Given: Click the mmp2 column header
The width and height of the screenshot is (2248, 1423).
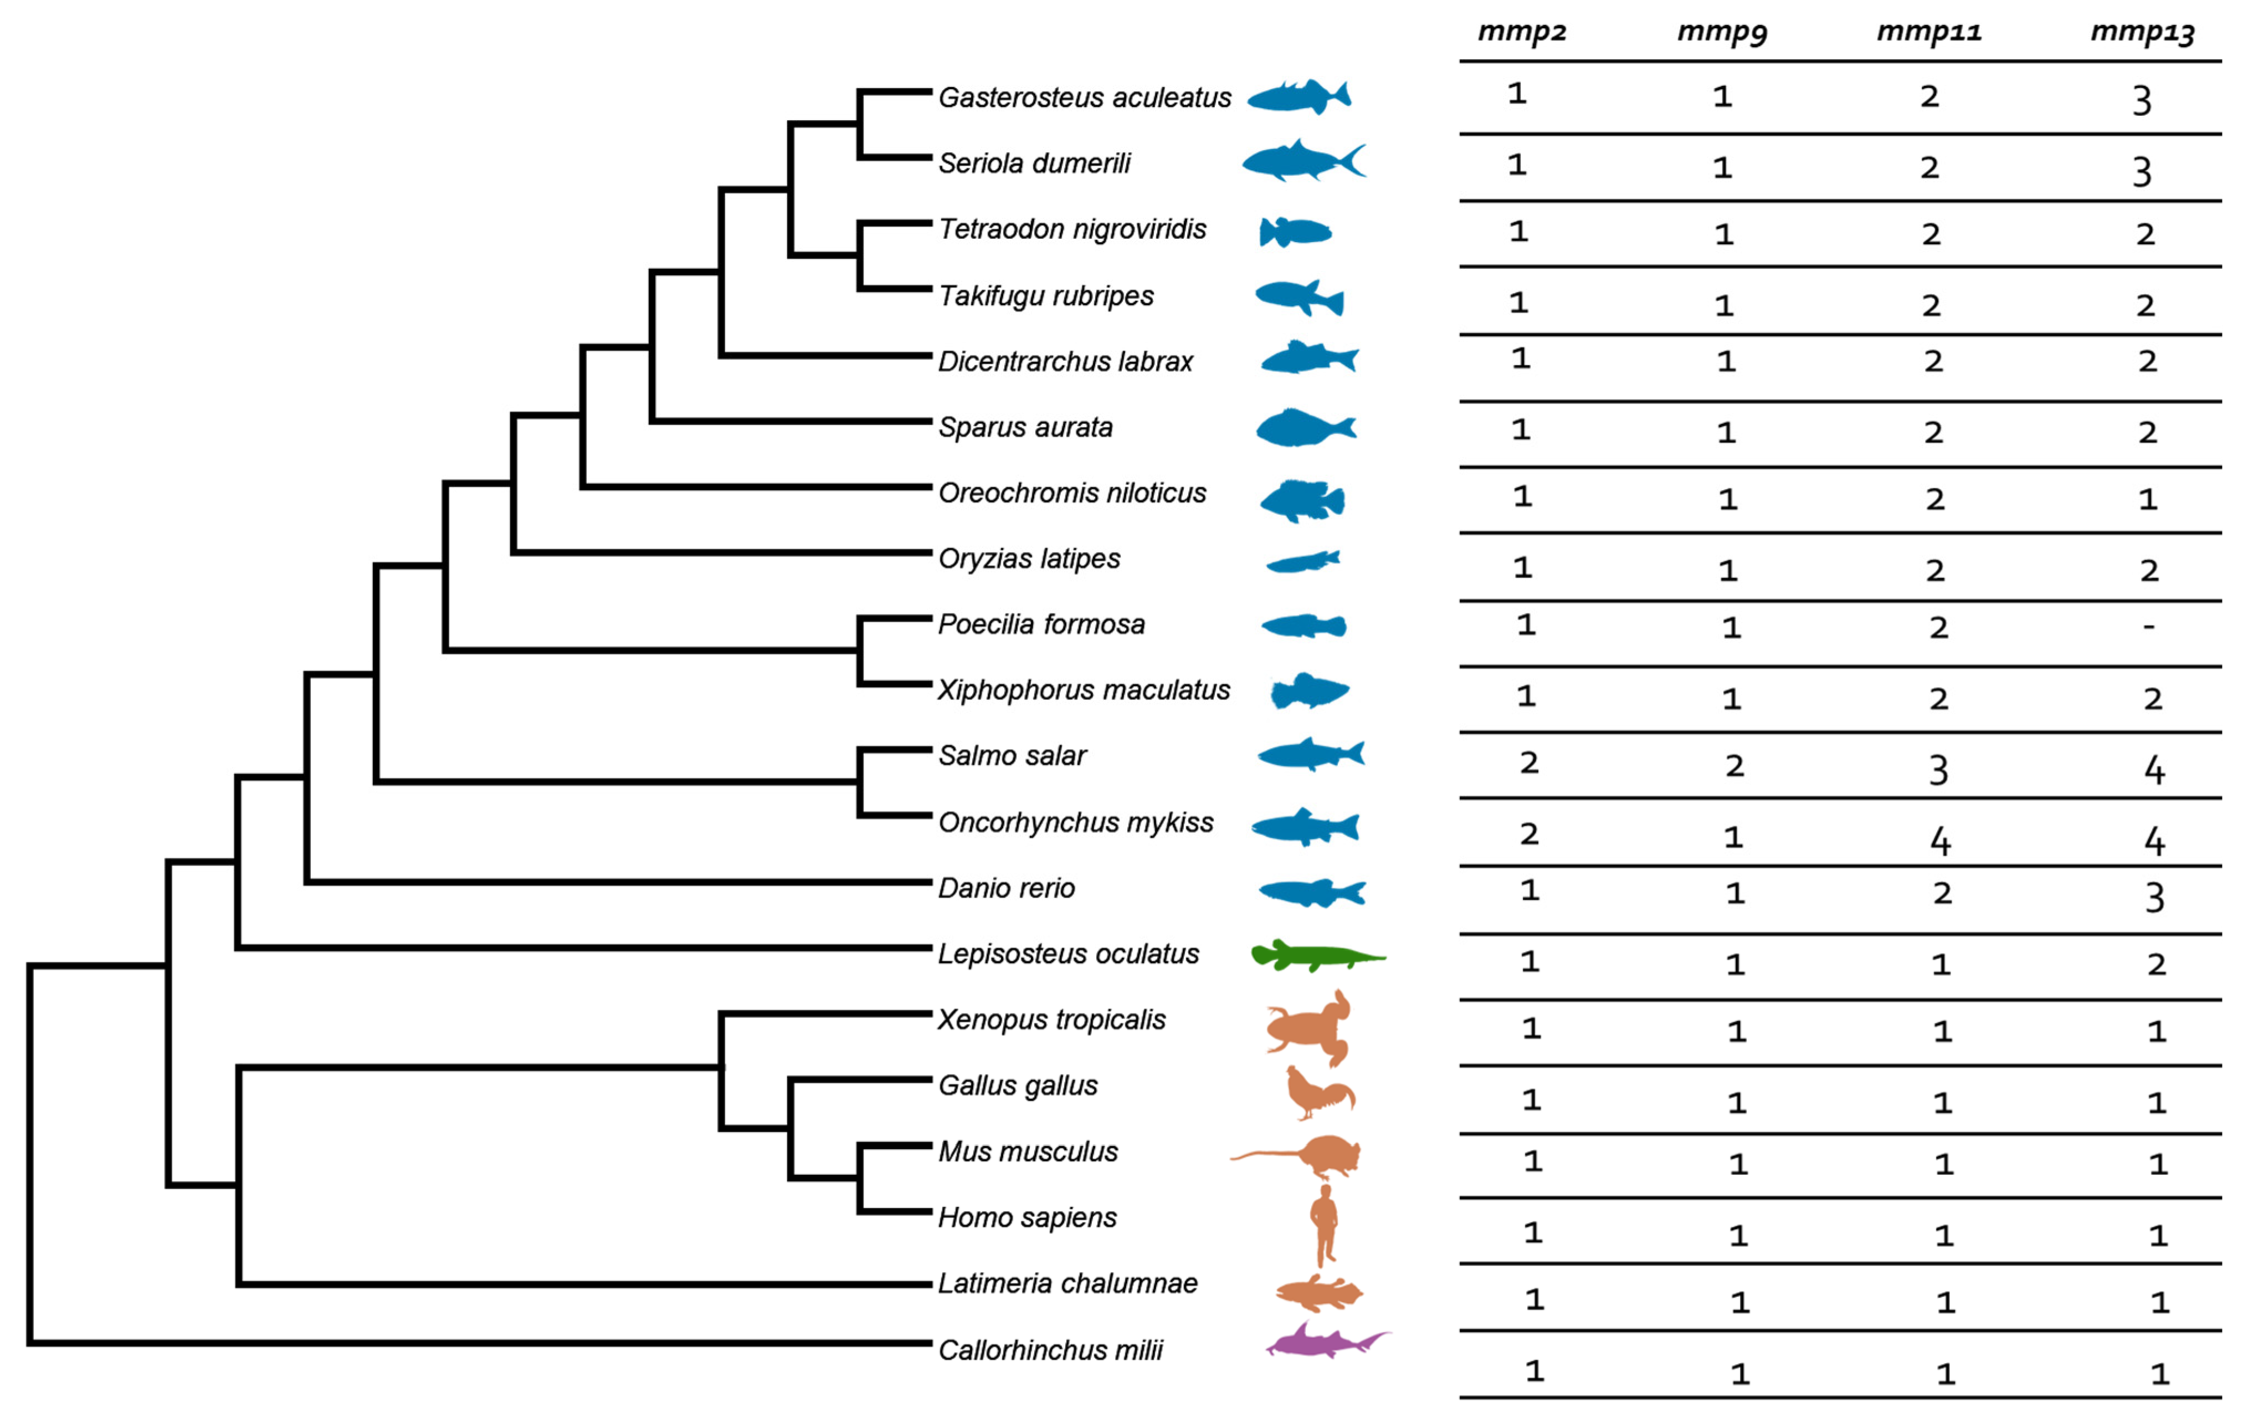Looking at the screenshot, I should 1522,32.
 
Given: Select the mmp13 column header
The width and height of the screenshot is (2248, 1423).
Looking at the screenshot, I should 2143,32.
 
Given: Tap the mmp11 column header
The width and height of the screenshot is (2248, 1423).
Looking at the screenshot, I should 1929,32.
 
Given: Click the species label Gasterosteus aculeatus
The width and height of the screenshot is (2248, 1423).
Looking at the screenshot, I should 1084,97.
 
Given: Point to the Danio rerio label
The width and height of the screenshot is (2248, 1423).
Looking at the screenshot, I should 1007,888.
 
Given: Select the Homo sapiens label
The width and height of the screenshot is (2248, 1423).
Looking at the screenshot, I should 1027,1217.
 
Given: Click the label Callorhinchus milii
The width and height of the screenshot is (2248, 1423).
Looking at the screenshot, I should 1050,1350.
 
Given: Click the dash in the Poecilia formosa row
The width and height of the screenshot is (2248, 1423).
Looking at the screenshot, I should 2148,627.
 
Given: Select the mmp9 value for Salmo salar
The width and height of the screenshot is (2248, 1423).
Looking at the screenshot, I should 1733,766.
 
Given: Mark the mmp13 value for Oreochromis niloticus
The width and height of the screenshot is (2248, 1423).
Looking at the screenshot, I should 2148,499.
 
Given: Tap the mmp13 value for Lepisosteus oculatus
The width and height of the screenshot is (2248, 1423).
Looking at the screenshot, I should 2155,964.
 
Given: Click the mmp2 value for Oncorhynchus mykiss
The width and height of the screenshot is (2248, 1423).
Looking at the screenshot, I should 1528,834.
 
